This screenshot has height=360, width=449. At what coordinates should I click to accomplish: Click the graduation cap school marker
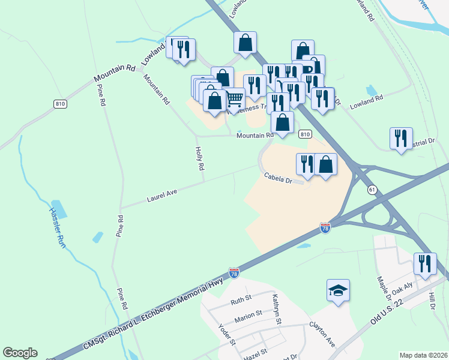point(339,291)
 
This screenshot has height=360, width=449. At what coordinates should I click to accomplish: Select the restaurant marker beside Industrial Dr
point(401,138)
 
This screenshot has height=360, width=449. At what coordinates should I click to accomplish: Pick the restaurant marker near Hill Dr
point(425,264)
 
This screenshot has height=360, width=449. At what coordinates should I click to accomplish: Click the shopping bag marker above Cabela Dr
point(325,164)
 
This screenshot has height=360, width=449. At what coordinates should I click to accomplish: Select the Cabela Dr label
point(277,178)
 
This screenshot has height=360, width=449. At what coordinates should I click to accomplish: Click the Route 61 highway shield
point(373,190)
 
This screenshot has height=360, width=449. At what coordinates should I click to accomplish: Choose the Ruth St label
point(239,302)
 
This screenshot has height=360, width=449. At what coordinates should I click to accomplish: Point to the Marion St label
point(248,316)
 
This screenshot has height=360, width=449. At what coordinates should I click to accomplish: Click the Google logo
point(20,353)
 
